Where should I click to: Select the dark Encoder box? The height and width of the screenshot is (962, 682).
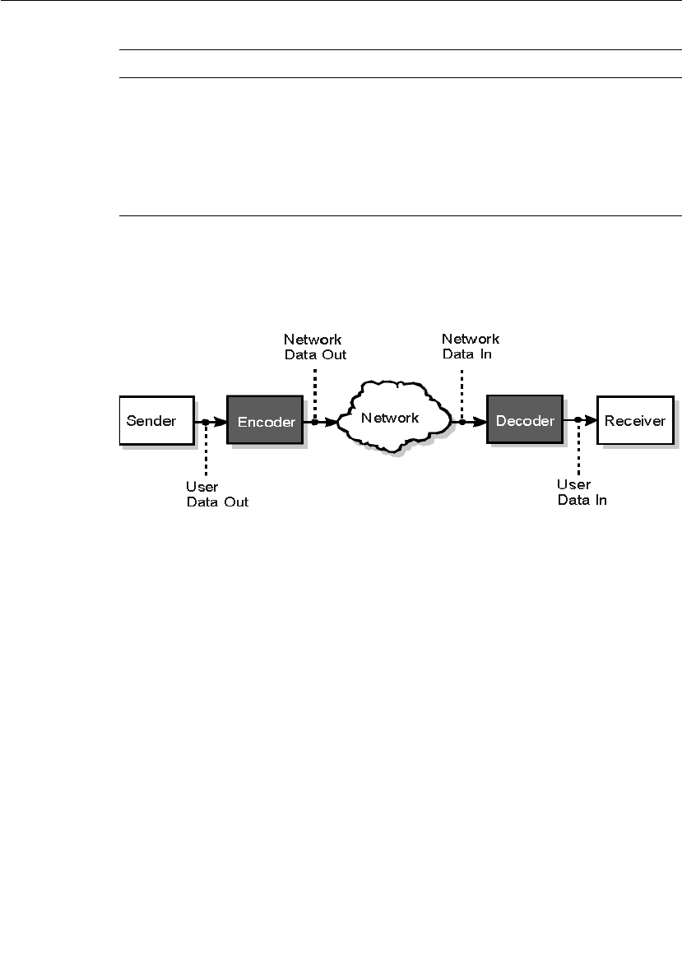pos(265,421)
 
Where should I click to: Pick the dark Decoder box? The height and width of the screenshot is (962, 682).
pos(524,420)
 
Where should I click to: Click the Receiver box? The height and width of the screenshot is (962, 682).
pos(633,420)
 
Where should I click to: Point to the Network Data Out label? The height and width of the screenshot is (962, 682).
pos(314,347)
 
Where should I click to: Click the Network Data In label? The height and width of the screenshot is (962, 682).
pos(470,346)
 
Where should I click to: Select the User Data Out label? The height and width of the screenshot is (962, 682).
pos(216,494)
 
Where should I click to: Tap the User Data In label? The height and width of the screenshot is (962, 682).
pos(582,492)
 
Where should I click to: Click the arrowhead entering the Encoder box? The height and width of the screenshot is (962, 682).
pos(220,422)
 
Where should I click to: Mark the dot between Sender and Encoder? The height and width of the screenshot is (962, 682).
pos(205,422)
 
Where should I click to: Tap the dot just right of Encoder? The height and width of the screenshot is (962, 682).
pos(315,422)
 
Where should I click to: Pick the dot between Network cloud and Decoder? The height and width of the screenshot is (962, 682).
pos(462,422)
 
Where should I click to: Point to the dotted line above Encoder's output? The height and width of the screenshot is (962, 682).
pos(315,391)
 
